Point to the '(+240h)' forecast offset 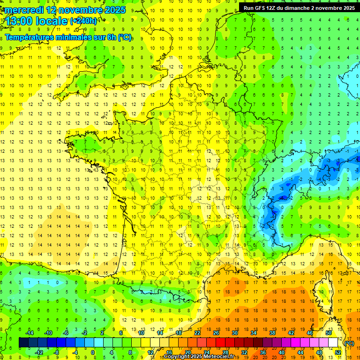pyautogui.click(x=83, y=21)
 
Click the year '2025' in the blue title pyautogui.click(x=115, y=10)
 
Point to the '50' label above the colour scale pyautogui.click(x=328, y=333)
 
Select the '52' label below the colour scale pyautogui.click(x=338, y=352)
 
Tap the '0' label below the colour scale pyautogui.click(x=93, y=352)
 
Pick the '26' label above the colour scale pyautogui.click(x=216, y=333)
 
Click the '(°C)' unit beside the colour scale pyautogui.click(x=349, y=343)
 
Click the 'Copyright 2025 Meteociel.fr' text pyautogui.click(x=199, y=357)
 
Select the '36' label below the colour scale pyautogui.click(x=262, y=352)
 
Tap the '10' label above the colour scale pyautogui.click(x=141, y=333)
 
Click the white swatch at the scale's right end pyautogui.click(x=333, y=343)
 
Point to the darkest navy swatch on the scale pyautogui.click(x=23, y=343)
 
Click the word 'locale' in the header pyautogui.click(x=51, y=21)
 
